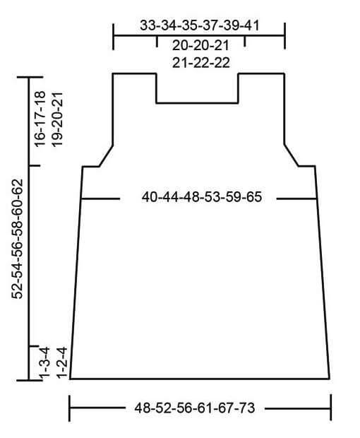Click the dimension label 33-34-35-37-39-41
(x=200, y=25)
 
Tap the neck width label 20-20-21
(x=200, y=45)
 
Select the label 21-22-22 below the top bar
(x=201, y=62)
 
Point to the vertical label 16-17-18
(x=40, y=119)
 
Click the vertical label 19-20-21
(x=57, y=119)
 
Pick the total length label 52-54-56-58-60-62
(x=17, y=239)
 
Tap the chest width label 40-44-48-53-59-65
(x=202, y=197)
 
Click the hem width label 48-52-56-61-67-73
(x=195, y=408)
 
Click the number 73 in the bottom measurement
(x=246, y=408)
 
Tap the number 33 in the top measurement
(x=148, y=25)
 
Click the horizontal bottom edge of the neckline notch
(x=198, y=103)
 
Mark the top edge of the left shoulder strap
(x=135, y=73)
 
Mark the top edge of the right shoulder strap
(x=261, y=73)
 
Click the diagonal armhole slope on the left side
(x=106, y=156)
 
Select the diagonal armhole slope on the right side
(x=292, y=155)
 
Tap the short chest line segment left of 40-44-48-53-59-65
(x=100, y=199)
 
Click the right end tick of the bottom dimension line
(x=330, y=408)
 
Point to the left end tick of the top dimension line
(x=114, y=37)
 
